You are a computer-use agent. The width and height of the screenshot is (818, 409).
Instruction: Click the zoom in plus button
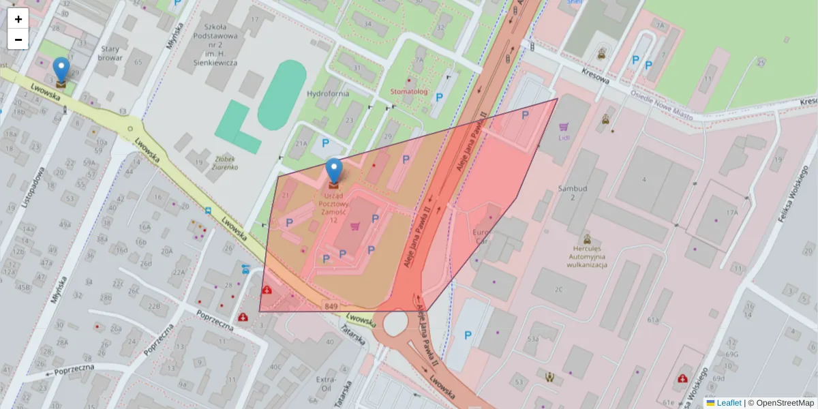pos(18,18)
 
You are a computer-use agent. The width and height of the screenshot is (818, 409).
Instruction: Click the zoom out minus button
pos(18,40)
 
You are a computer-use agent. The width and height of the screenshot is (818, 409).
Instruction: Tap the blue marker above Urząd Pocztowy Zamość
pos(334,170)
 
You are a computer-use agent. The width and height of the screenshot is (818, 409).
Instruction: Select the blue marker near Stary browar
pos(61,70)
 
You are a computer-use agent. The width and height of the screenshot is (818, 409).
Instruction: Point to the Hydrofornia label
pos(328,93)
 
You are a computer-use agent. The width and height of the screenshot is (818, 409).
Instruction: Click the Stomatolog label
pos(409,91)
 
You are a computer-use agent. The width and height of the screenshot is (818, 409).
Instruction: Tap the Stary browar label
pos(110,53)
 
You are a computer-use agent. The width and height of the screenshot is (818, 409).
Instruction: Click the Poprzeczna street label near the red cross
pos(215,318)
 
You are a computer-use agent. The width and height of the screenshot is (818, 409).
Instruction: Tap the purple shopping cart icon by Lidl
pos(564,126)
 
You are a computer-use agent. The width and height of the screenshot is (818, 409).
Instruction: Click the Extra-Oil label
pos(327,384)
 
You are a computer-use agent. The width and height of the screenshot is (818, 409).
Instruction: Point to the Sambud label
pos(573,188)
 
